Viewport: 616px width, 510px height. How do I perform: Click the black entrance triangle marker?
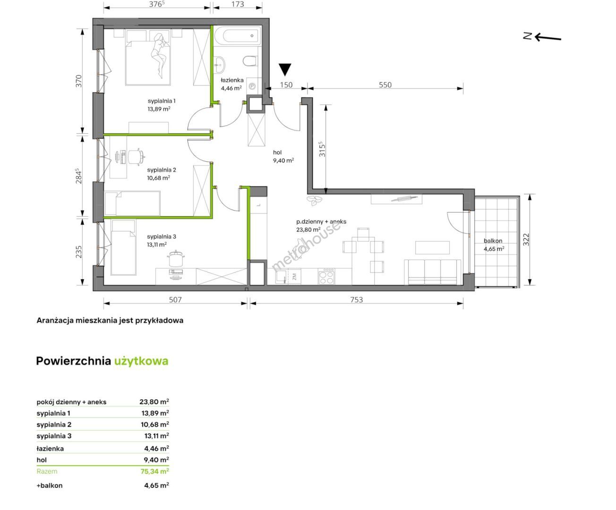[x=285, y=69]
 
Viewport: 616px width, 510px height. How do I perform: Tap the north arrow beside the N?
[x=548, y=38]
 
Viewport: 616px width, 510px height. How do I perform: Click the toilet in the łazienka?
[x=250, y=61]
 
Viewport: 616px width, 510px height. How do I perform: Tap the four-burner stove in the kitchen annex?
[x=326, y=276]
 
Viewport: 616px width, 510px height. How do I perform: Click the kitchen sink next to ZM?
[x=281, y=277]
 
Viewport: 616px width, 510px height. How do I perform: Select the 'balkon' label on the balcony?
[x=493, y=241]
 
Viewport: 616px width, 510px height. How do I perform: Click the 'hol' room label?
[x=277, y=152]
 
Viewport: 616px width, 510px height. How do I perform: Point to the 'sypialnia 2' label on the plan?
[x=162, y=170]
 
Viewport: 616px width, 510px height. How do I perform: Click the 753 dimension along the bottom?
[x=356, y=300]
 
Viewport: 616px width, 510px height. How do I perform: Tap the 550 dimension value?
[x=385, y=85]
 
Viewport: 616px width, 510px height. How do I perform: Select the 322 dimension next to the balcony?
[x=526, y=239]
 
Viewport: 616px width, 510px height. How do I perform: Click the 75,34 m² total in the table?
[x=154, y=471]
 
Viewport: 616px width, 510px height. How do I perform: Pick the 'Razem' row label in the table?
[x=47, y=471]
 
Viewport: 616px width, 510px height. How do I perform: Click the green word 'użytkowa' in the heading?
[x=141, y=361]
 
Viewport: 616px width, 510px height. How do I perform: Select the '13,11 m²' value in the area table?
[x=155, y=436]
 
